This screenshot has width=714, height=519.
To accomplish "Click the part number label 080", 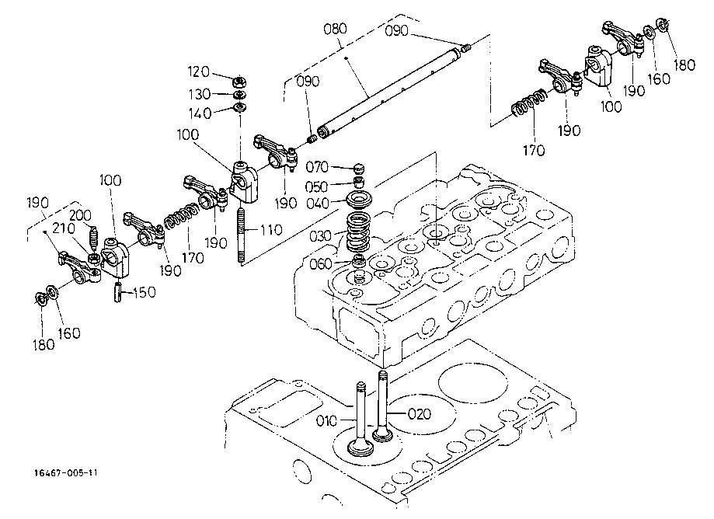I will coord(336,31).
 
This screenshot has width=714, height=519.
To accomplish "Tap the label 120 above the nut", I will coord(199,72).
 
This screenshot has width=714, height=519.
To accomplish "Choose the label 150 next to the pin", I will coord(144,292).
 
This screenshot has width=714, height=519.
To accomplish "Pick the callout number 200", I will coord(82,215).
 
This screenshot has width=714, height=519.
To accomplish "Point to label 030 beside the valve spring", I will coord(320,235).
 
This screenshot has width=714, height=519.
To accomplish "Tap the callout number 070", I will coord(319,167).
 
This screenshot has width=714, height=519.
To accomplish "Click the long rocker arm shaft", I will coord(388,85).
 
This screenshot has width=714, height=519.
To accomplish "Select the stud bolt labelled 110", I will coord(242,234).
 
